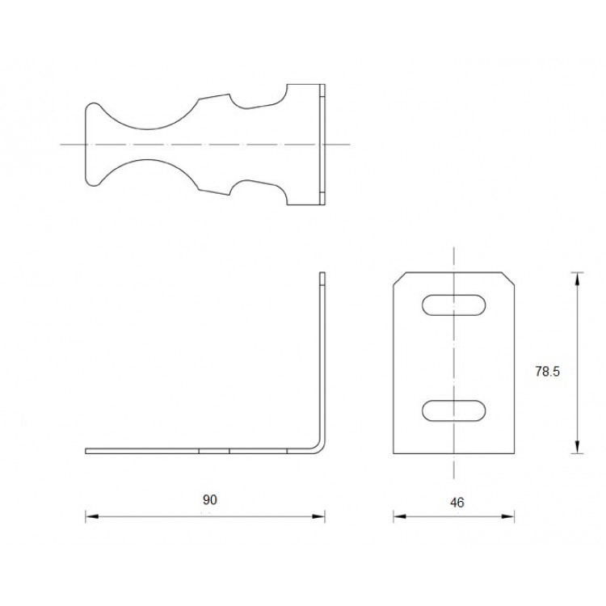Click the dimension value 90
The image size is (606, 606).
(209, 500)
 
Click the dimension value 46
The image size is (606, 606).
(457, 502)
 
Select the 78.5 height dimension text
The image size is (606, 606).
(548, 372)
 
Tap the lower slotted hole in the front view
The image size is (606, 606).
(454, 410)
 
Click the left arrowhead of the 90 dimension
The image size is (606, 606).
(90, 516)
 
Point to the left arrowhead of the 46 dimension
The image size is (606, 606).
(398, 516)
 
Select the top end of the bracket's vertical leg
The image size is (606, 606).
(322, 276)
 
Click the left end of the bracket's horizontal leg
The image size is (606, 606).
(87, 449)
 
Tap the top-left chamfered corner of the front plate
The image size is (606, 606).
(398, 278)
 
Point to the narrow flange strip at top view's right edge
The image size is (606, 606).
(323, 144)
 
